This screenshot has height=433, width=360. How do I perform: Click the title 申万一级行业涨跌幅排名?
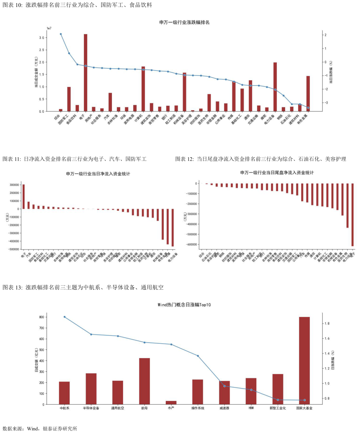184,22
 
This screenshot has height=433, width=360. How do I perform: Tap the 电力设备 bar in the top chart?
275,87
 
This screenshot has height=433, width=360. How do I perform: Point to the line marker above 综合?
61,34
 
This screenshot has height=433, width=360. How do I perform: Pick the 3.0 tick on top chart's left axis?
41,38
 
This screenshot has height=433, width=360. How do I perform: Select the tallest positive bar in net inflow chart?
23,197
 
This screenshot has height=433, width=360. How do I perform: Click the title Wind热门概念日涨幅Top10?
184,305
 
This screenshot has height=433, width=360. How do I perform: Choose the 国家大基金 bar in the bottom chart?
304,361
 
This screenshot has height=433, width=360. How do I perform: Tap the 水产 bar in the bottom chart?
171,403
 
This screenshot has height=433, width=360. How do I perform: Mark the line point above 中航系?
64,317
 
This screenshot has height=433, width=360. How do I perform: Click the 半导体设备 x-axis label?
91,408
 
